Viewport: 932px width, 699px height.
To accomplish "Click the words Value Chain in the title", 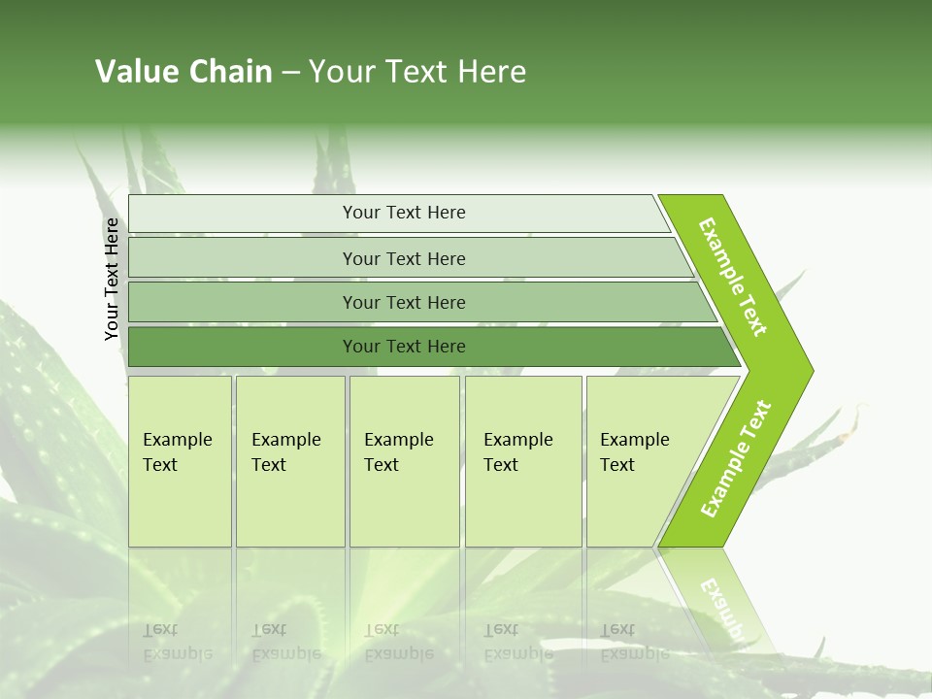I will click(x=183, y=72).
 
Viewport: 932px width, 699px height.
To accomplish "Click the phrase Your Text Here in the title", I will click(x=417, y=72).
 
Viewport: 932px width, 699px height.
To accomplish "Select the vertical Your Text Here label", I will click(x=112, y=279).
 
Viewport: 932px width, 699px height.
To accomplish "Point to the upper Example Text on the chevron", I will click(x=733, y=276).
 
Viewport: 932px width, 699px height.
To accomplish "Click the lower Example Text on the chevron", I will click(x=736, y=459).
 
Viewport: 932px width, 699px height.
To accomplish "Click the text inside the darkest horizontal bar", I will click(x=404, y=347).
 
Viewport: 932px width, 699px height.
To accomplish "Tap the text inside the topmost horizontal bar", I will click(x=404, y=213).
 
